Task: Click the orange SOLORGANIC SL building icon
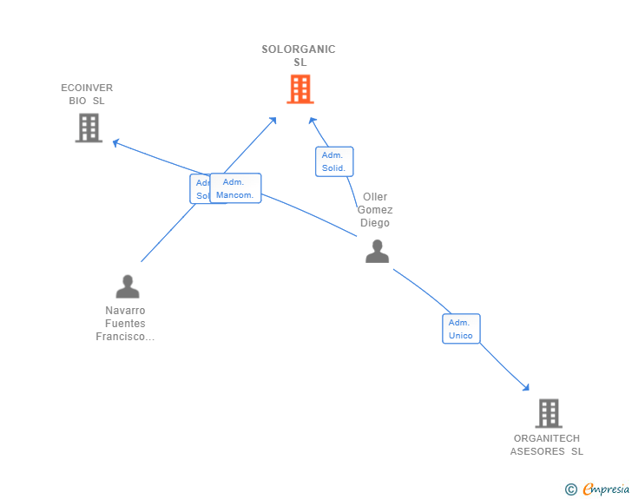[x=300, y=89]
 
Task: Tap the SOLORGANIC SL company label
[x=299, y=56]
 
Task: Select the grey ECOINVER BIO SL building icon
[x=89, y=128]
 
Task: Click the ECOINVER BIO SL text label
[x=87, y=94]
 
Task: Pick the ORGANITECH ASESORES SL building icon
[x=548, y=413]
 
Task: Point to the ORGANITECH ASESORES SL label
[x=547, y=444]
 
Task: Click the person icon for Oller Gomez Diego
[x=377, y=252]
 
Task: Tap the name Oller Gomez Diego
[x=375, y=210]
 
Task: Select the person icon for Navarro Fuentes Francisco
[x=128, y=286]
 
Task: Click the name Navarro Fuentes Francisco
[x=125, y=324]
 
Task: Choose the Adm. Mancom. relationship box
[x=235, y=188]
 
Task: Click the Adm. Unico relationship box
[x=460, y=329]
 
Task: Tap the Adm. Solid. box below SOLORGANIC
[x=333, y=161]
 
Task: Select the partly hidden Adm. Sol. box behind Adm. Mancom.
[x=200, y=188]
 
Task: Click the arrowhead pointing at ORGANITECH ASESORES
[x=525, y=387]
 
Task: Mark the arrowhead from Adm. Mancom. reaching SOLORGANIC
[x=273, y=119]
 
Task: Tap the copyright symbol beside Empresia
[x=570, y=489]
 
